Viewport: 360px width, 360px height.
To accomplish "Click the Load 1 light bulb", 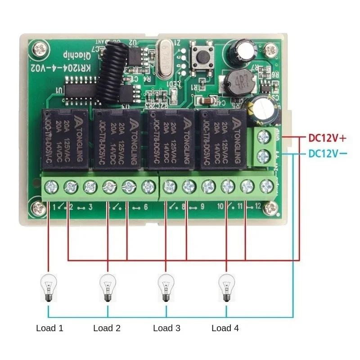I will tap(48, 288).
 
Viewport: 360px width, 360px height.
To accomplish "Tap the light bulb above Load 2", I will tap(107, 288).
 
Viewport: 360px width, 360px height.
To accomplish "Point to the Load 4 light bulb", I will tap(226, 288).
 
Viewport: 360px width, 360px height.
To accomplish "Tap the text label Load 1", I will tap(49, 328).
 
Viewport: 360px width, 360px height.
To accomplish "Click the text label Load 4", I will tap(225, 328).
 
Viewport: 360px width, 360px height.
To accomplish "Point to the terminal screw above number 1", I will tap(50, 186).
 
